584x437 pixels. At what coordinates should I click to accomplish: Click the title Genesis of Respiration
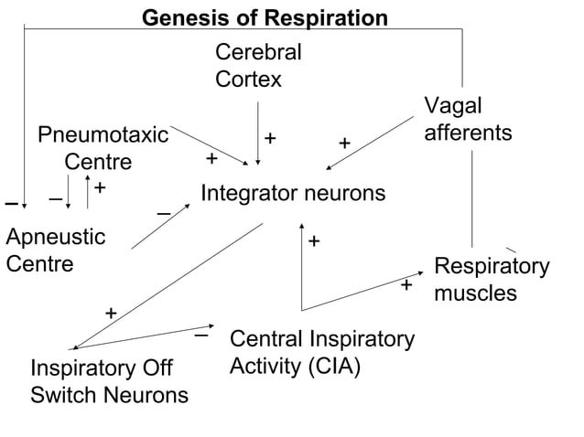point(265,18)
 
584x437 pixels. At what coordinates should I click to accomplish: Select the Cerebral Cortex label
point(257,66)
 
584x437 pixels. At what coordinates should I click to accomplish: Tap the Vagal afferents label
point(467,119)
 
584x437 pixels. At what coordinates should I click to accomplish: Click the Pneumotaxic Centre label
point(103,149)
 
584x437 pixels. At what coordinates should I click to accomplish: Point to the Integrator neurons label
point(292,194)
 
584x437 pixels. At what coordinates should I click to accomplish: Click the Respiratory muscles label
point(491,280)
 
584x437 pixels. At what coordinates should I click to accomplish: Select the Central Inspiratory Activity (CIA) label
point(321,353)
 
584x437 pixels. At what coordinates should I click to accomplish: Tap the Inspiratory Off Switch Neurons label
point(109,382)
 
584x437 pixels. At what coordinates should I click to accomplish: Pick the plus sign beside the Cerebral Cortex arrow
point(271,138)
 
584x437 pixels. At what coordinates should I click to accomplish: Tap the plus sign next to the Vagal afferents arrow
point(344,144)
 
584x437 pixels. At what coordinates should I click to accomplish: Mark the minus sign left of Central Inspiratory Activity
point(201,336)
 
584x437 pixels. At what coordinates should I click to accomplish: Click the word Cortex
point(248,80)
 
